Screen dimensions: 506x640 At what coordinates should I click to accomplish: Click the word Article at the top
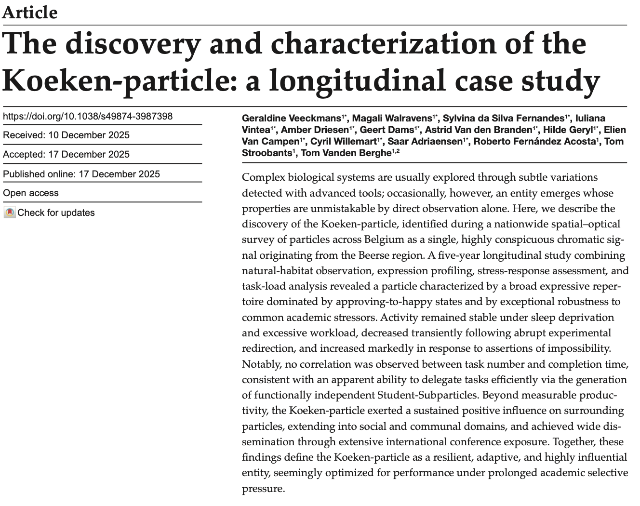pos(30,12)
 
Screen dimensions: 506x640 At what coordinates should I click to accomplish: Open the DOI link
pos(88,116)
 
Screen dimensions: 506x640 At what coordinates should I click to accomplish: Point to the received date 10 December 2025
pos(89,135)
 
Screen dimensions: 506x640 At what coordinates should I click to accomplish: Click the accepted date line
pos(67,154)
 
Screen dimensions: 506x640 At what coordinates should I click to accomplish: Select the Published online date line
pos(81,174)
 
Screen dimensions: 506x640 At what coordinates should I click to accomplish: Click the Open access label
pos(31,193)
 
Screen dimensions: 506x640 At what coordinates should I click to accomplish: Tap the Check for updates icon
pos(10,213)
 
